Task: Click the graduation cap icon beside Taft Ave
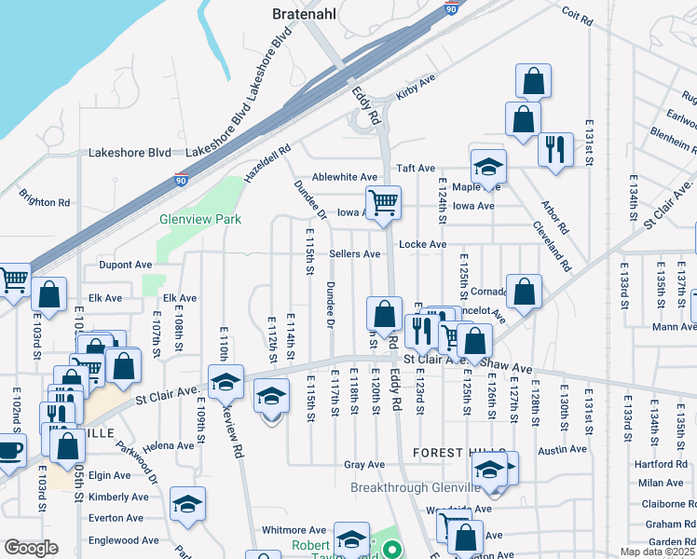coord(487,166)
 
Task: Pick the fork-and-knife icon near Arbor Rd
coord(555,148)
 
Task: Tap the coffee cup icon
coord(10,452)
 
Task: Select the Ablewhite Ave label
coord(345,177)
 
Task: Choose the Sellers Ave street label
coord(354,253)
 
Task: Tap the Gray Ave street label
coord(364,465)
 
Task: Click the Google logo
coord(31,547)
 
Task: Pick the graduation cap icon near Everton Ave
coord(187,504)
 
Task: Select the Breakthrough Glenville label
coord(417,488)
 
